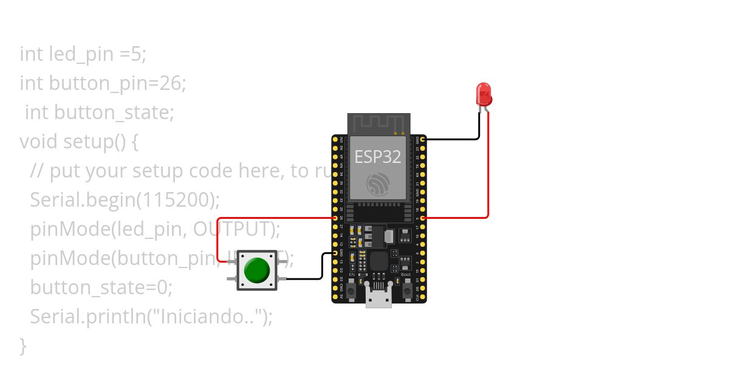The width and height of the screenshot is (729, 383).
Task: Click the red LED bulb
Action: coord(484,94)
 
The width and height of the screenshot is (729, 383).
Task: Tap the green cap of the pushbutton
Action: coord(256,270)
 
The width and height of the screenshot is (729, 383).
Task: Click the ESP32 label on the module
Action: coord(378,157)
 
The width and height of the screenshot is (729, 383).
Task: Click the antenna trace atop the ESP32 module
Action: coord(378,123)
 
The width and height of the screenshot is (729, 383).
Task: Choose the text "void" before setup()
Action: coord(39,142)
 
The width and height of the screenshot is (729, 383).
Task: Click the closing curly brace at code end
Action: coord(23,345)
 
